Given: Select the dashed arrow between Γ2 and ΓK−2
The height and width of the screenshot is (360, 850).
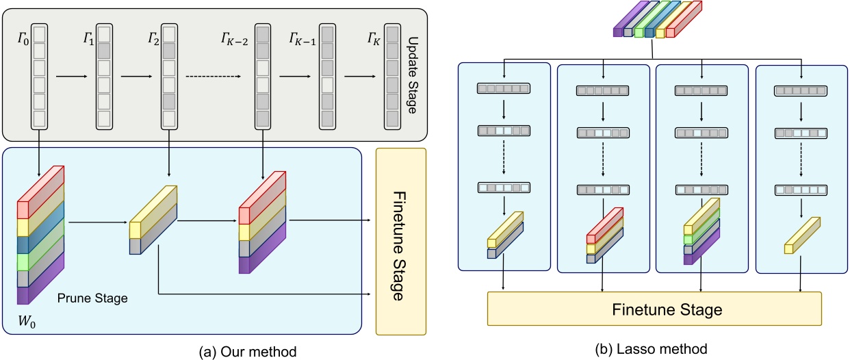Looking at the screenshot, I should [219, 77].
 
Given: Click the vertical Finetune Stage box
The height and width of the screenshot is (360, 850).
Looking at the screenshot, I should [401, 242].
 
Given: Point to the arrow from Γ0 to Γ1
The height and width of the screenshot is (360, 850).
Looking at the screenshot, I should [70, 77].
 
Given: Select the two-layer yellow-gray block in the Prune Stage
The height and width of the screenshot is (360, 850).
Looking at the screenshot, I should [153, 219].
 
